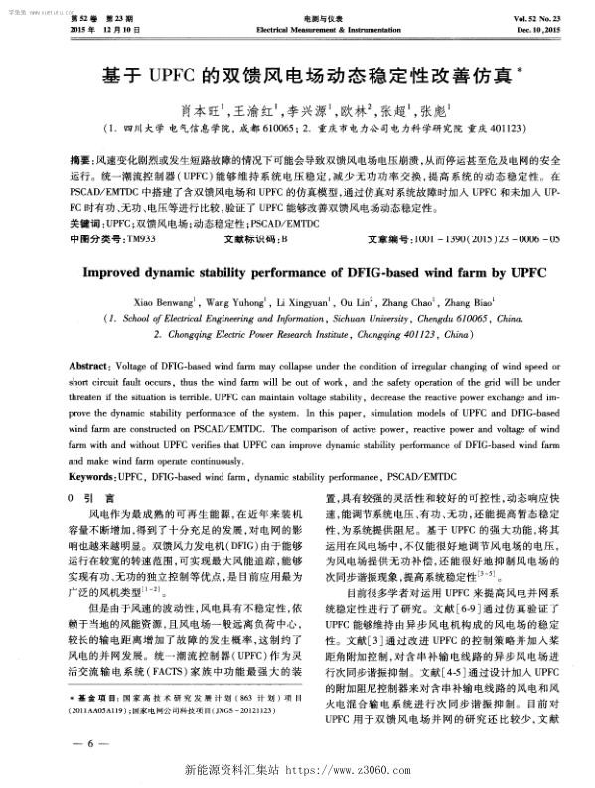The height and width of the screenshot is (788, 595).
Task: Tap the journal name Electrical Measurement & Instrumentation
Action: tap(298, 32)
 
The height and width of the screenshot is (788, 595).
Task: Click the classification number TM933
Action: tap(136, 212)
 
